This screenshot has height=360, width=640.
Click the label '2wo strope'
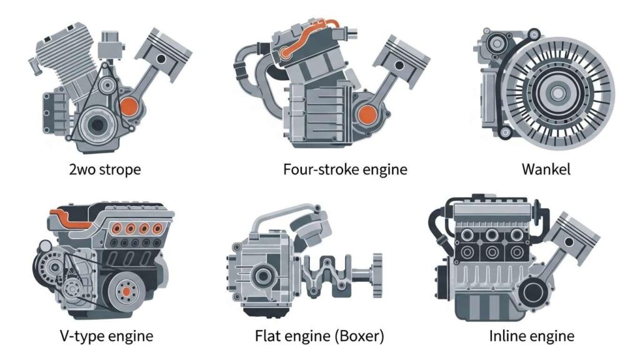(x=105, y=169)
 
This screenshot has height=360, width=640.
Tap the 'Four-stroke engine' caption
(x=345, y=169)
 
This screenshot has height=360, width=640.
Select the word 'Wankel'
(x=546, y=169)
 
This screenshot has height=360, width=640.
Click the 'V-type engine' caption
(x=106, y=336)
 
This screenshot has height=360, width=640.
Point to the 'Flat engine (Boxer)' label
(x=319, y=336)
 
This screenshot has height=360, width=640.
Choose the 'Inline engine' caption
(x=531, y=336)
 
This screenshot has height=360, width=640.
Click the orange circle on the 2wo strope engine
(x=129, y=106)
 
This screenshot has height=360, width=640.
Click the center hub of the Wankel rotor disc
(x=557, y=94)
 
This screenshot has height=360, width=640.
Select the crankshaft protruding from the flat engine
(x=343, y=274)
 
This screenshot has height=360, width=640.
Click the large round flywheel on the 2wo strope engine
(x=97, y=125)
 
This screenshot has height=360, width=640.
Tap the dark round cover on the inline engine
(x=532, y=292)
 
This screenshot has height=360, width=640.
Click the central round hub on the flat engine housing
(x=263, y=276)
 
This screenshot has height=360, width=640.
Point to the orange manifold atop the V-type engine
(x=69, y=219)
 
